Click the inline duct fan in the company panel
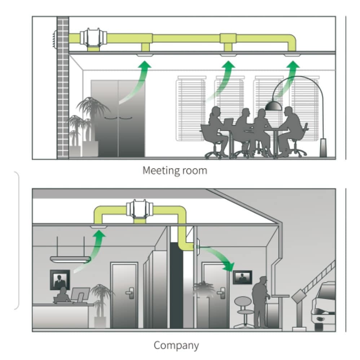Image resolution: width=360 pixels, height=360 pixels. click(x=140, y=209)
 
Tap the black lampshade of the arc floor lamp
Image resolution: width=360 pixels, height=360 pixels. click(x=273, y=106)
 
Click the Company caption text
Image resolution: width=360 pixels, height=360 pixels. click(x=176, y=346)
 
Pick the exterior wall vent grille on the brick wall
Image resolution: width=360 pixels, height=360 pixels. click(x=54, y=39)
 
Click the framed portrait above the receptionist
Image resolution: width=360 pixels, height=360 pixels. click(x=60, y=280)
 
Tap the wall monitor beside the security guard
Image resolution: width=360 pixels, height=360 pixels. click(x=242, y=277)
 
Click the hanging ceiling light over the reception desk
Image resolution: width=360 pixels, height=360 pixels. click(x=70, y=259)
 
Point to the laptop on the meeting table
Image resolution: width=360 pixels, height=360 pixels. click(x=228, y=122)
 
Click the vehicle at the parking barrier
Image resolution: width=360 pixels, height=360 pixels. click(x=324, y=307)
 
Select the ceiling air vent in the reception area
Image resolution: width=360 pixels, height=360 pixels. click(x=98, y=227)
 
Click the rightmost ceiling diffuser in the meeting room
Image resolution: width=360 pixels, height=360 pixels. click(x=292, y=55)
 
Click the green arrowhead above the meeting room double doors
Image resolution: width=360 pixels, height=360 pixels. click(x=145, y=64)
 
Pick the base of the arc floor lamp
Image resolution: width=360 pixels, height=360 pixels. click(x=323, y=148)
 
